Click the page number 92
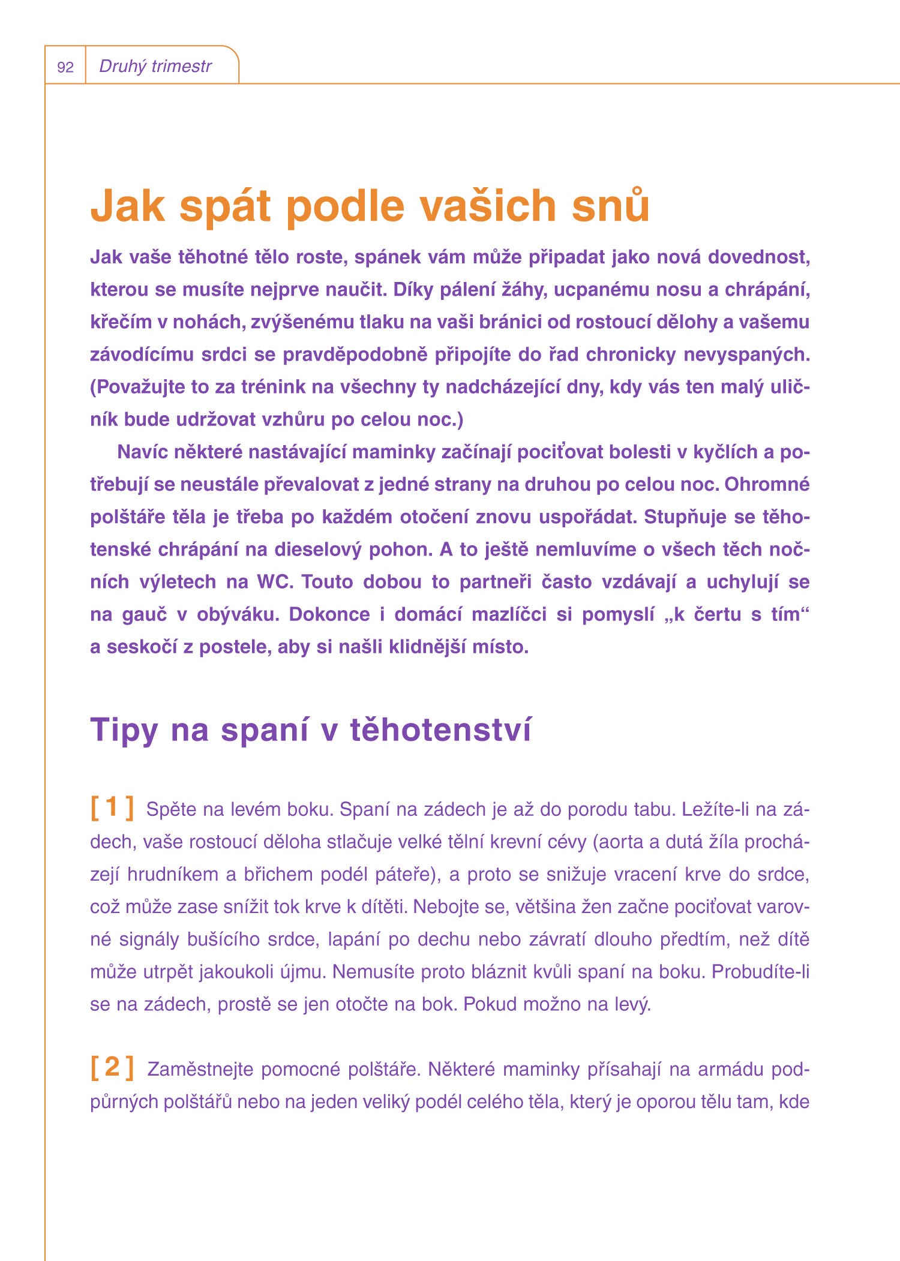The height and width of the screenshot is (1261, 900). click(x=65, y=67)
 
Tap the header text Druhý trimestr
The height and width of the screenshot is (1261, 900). click(x=155, y=66)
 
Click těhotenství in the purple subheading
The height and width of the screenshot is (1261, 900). click(x=440, y=730)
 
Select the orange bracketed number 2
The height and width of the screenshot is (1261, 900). click(x=112, y=1068)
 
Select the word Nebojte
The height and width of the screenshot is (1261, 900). click(x=445, y=907)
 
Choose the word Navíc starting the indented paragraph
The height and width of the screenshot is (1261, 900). click(x=142, y=452)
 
